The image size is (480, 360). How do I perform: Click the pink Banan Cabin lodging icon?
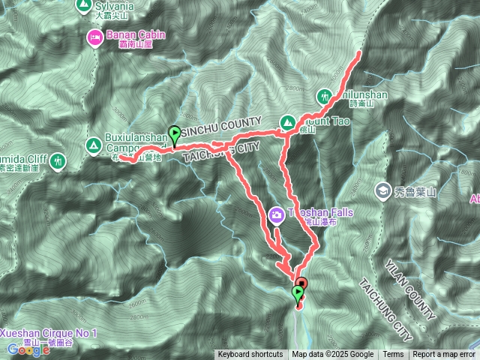click(x=95, y=36)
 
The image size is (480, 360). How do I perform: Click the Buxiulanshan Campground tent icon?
click(x=94, y=145)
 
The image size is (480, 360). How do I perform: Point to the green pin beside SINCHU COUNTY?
click(x=175, y=134)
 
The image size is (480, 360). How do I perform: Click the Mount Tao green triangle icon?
click(x=286, y=121)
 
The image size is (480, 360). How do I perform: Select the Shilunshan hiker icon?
click(x=324, y=97)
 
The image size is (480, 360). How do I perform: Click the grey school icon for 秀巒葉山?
click(x=383, y=191)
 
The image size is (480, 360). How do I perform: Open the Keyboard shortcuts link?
click(x=250, y=355)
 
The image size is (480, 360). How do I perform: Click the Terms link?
click(x=393, y=355)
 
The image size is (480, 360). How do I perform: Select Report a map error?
click(x=444, y=355)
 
